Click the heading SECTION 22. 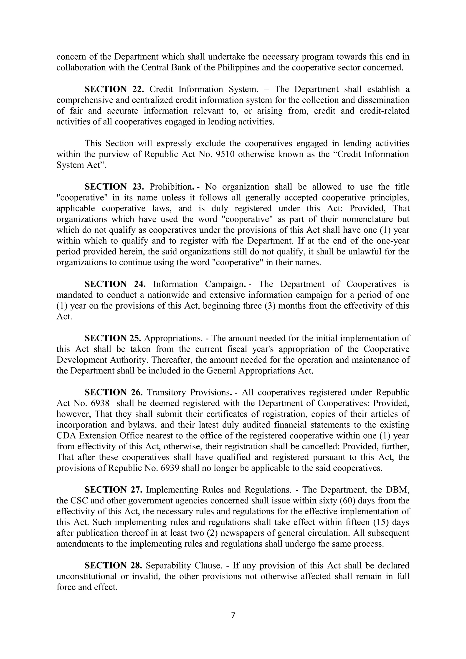tap(114, 89)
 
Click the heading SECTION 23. tap(114, 187)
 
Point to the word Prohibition tap(171, 187)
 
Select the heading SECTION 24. tap(115, 284)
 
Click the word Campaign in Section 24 tap(225, 284)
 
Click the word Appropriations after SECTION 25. tap(173, 338)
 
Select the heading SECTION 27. tap(114, 490)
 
